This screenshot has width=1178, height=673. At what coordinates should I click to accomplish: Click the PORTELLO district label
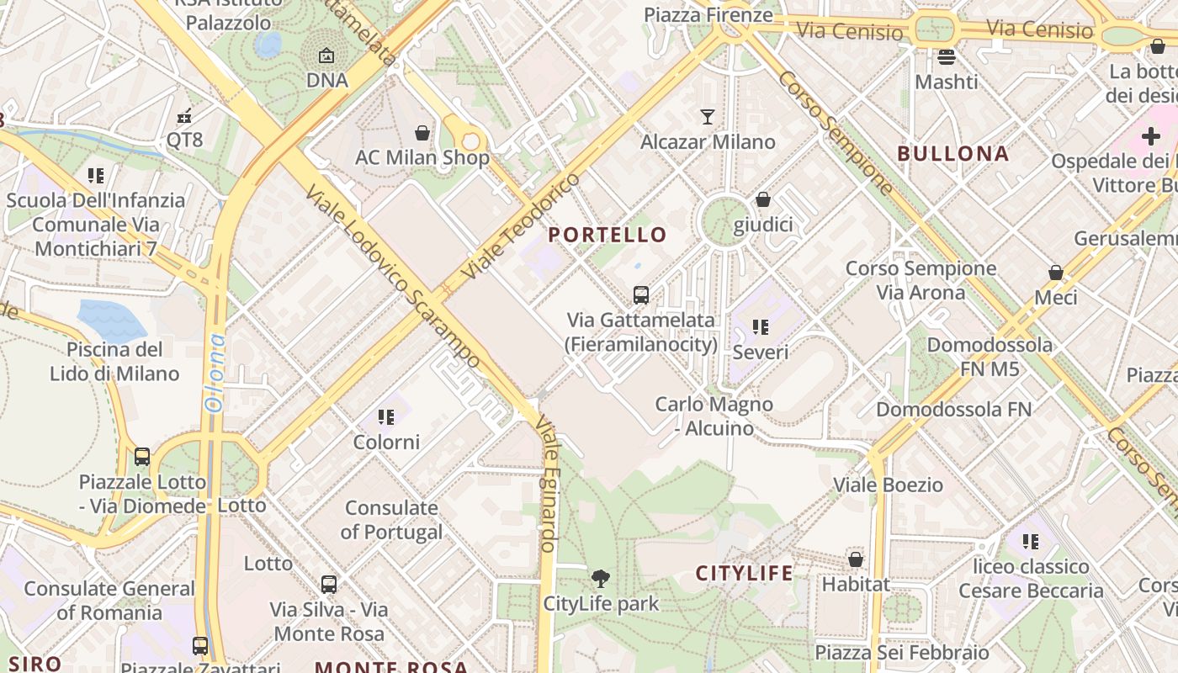coord(608,235)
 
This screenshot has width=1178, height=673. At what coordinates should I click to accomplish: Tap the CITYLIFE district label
coord(744,573)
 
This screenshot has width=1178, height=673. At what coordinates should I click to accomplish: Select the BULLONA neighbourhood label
coord(952,154)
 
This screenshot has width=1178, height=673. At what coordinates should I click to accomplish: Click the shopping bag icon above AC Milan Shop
coord(422,133)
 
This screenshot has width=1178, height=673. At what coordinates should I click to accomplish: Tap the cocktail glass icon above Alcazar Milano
coord(708,116)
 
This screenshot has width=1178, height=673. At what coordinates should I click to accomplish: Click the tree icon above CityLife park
coord(601,578)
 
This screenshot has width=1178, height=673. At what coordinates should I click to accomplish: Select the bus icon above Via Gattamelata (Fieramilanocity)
coord(641,294)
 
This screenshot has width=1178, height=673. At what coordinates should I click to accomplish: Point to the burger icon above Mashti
coord(947,57)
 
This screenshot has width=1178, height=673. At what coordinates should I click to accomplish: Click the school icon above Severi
coord(761,326)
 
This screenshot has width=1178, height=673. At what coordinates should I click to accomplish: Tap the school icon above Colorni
coord(386,416)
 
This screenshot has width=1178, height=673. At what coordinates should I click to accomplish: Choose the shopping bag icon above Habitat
coord(856,559)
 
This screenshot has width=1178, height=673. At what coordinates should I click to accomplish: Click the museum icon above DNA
coord(326,56)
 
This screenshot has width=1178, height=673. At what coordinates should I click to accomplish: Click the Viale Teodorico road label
coord(522,226)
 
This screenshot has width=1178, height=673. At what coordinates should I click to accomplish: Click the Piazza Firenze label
coord(708,14)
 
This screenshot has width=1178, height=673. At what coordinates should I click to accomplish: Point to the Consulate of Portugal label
coord(391,520)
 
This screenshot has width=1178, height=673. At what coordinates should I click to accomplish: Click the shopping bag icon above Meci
coord(1055,273)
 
